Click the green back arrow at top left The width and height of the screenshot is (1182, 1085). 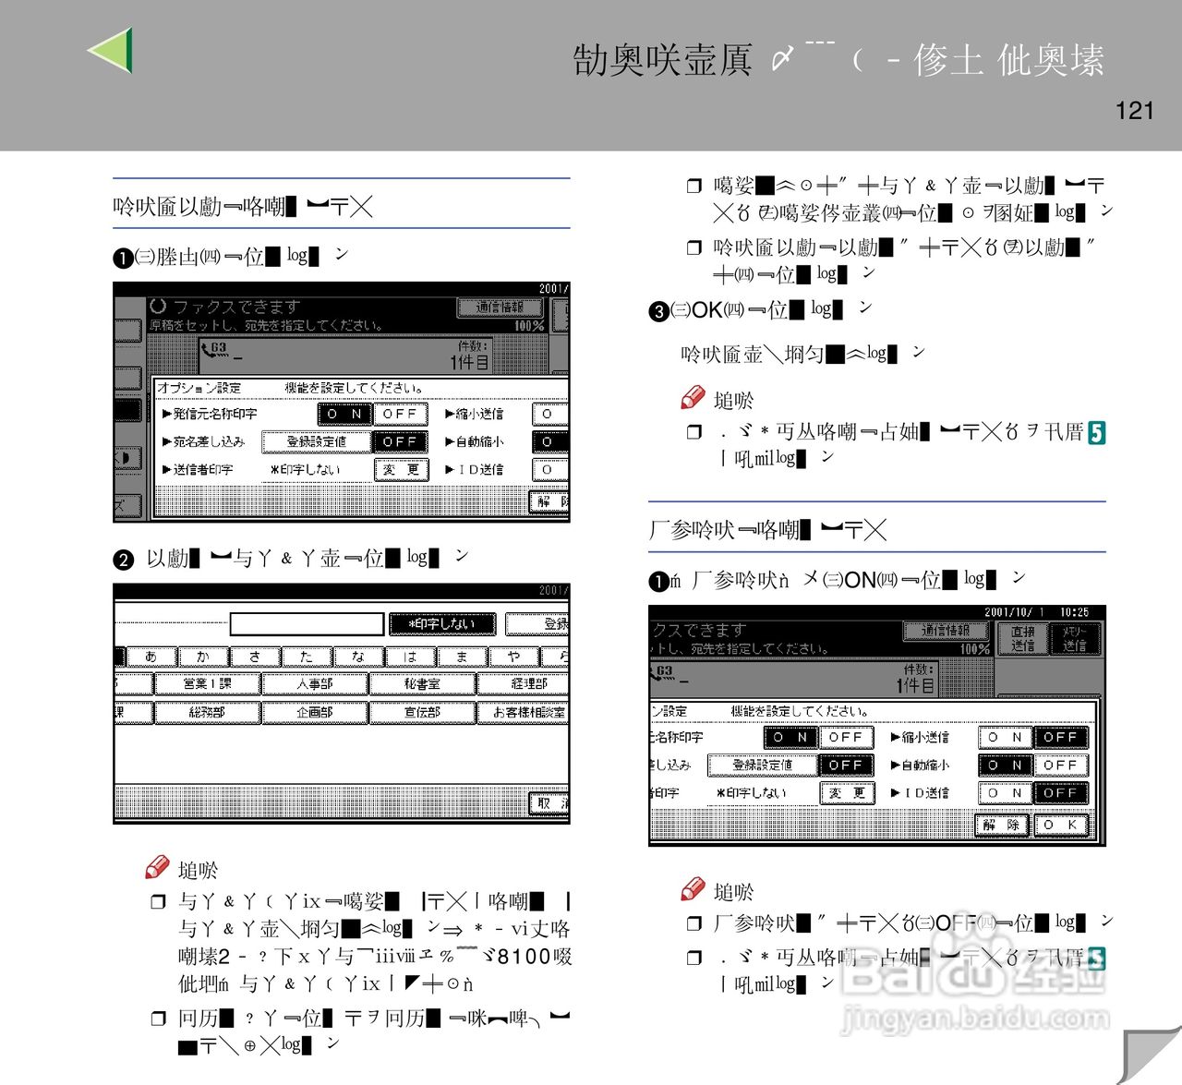click(113, 50)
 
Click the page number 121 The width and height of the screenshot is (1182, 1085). click(1134, 111)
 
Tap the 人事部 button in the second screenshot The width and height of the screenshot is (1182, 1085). click(314, 684)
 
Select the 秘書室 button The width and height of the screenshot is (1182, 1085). click(422, 684)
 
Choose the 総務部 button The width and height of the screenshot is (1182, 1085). click(207, 713)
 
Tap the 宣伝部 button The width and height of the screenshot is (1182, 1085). click(422, 713)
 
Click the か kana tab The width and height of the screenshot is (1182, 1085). click(203, 657)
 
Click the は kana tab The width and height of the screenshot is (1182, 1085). click(410, 657)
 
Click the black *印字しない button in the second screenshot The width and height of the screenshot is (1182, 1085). click(442, 624)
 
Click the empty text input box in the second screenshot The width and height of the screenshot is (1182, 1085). click(307, 624)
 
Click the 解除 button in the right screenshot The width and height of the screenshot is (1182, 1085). click(1001, 825)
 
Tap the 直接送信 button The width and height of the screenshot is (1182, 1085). click(1022, 638)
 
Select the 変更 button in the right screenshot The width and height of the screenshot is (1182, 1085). click(846, 793)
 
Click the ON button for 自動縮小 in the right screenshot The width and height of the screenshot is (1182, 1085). click(1004, 766)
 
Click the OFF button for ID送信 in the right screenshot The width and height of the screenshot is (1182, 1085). click(1060, 793)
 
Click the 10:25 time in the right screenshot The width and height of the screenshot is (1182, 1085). click(1074, 612)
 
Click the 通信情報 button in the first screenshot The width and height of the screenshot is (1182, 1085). click(500, 307)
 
